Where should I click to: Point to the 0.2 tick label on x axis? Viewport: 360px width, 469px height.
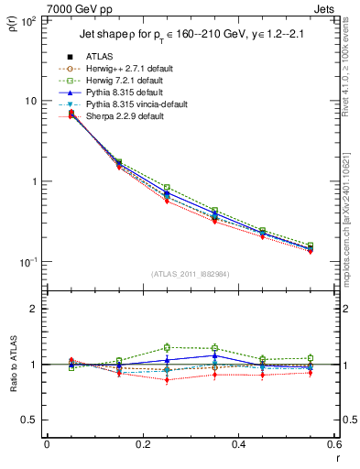(142, 446)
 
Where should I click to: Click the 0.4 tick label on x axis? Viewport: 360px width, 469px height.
(238, 446)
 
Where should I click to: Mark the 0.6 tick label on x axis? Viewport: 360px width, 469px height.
(332, 446)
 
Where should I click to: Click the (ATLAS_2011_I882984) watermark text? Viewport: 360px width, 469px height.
(190, 274)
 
